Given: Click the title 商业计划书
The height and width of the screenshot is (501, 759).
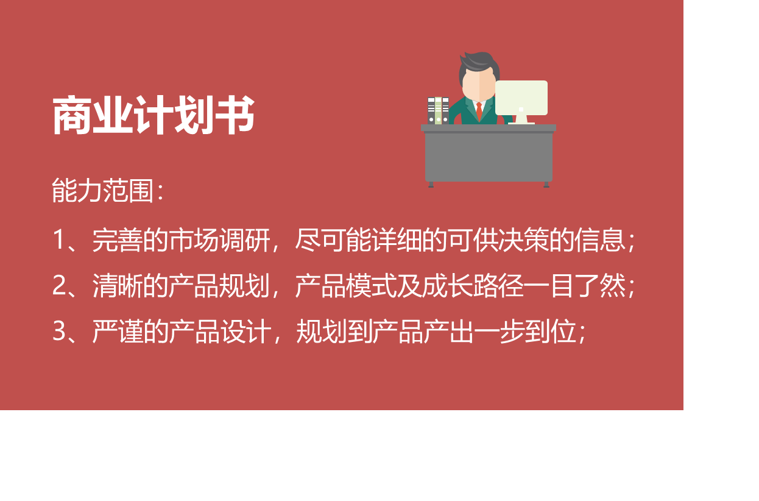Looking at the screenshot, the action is point(154,115).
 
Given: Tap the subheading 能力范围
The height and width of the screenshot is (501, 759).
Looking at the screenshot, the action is point(103,191).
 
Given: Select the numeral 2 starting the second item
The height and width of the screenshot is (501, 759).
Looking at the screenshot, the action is point(59,285).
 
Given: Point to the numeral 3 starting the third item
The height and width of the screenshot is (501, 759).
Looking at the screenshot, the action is point(59,331).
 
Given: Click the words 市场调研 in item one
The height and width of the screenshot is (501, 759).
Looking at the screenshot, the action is point(219,240).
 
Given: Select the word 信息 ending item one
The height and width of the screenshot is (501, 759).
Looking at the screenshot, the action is point(600,240).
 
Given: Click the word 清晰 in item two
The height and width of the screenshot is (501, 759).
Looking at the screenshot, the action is point(117,286).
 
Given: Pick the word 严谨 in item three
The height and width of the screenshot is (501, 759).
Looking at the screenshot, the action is point(117,332).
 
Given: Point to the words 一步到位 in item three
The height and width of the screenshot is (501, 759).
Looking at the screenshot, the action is point(525,332).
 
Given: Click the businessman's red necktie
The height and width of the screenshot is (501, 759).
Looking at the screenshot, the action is point(479,111).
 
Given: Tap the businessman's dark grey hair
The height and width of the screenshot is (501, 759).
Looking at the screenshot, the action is point(479,63).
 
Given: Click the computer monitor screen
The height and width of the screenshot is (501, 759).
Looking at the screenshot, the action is point(521,98).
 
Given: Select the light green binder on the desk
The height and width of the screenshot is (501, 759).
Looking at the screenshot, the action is point(438,110).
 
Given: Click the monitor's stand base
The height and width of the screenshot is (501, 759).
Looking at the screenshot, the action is point(521,123).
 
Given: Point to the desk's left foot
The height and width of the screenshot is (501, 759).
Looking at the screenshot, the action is point(431,185).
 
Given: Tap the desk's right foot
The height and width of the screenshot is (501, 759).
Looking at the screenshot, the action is point(546,185).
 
